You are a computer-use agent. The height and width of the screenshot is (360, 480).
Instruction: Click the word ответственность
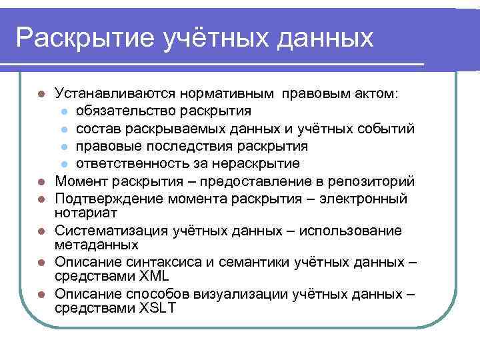coord(131,163)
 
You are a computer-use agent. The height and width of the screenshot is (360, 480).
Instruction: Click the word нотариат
coord(86,213)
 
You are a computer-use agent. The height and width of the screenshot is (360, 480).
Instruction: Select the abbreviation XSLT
coord(157,308)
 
